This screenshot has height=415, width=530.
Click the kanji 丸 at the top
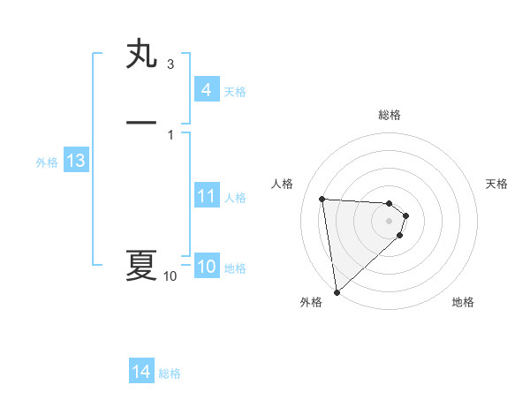[141, 54]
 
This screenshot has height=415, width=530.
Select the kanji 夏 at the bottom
[141, 265]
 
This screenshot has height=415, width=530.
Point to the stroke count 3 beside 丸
[170, 64]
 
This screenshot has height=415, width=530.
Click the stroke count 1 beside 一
[170, 134]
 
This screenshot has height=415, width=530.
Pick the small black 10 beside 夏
[170, 276]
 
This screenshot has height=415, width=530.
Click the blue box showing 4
[206, 90]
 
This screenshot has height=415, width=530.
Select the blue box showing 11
[206, 196]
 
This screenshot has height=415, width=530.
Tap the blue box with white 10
[206, 267]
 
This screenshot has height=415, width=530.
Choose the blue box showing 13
[75, 161]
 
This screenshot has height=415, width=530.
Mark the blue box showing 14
[141, 372]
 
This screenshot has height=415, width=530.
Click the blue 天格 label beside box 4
[235, 92]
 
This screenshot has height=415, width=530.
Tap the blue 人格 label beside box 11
[235, 198]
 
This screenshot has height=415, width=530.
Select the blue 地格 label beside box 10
[235, 268]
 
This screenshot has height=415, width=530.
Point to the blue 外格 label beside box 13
[46, 162]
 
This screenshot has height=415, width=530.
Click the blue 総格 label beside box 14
[170, 373]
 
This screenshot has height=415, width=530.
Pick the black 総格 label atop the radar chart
[390, 115]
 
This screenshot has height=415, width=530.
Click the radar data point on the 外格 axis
[337, 291]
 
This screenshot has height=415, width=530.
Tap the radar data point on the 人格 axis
[322, 199]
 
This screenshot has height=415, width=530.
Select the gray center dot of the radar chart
[390, 221]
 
